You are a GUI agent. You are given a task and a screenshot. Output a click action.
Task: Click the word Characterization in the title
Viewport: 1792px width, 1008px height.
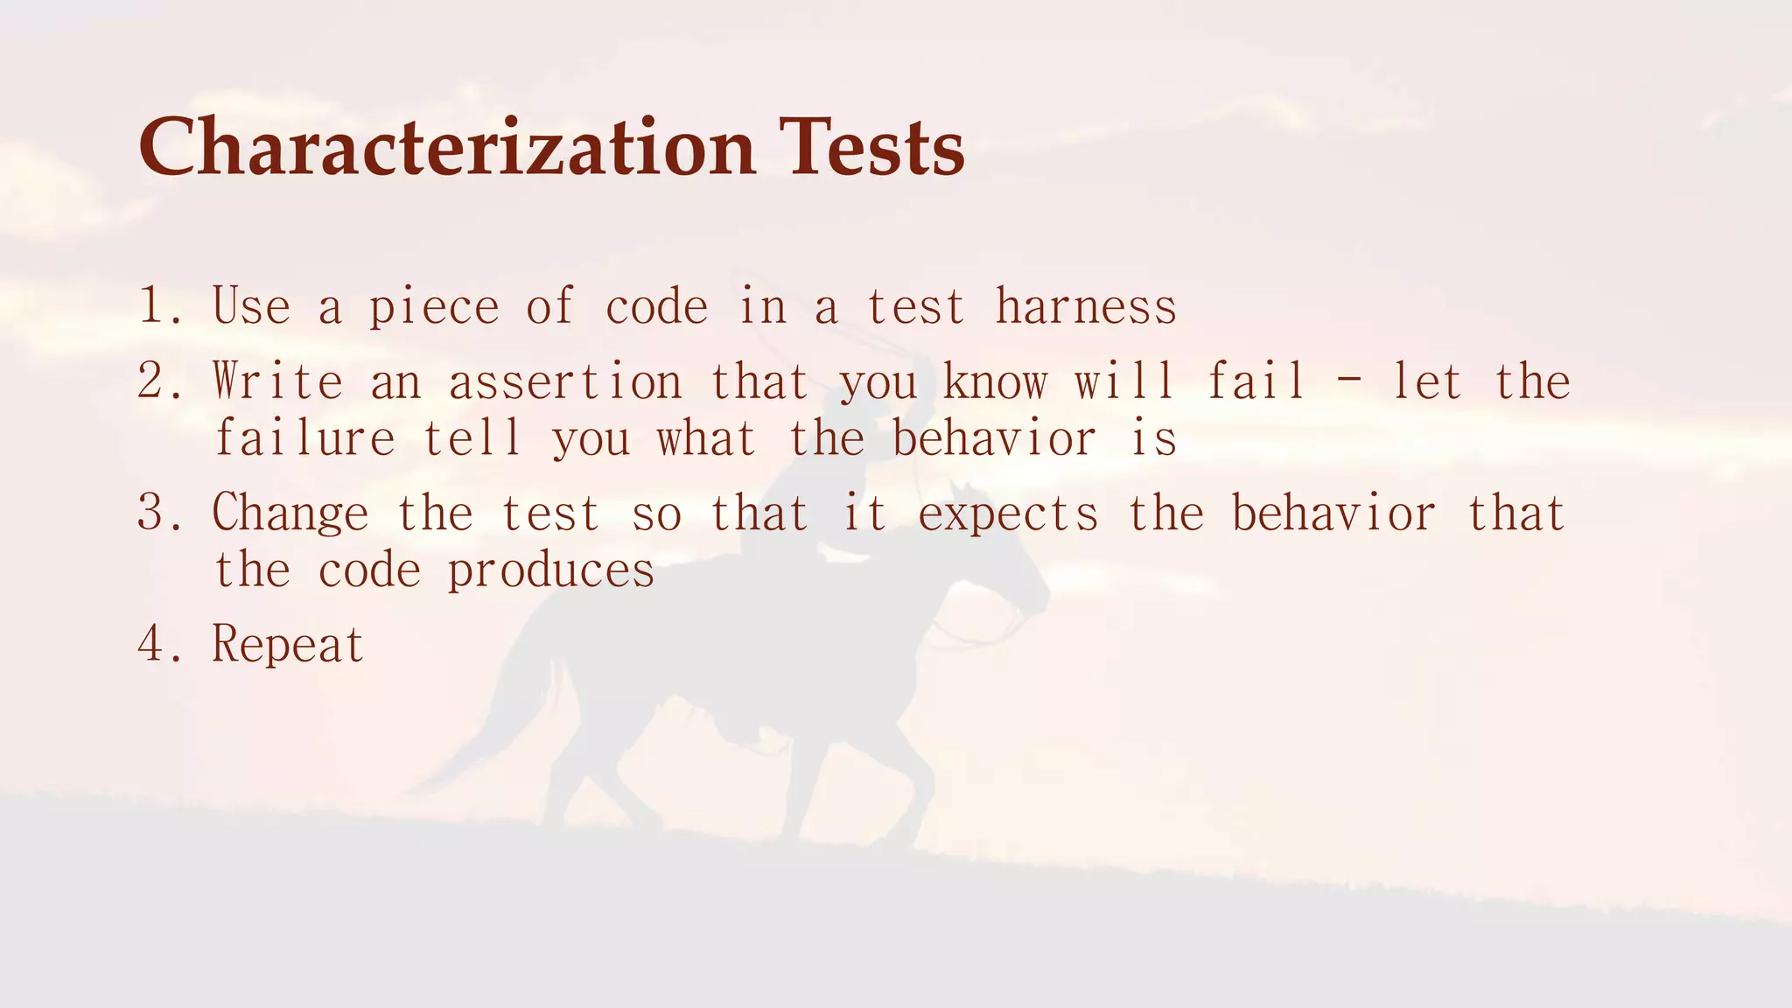point(446,147)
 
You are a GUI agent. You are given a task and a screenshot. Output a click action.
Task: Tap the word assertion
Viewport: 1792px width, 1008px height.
point(564,381)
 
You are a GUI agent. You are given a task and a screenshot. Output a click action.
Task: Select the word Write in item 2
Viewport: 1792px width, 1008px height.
point(277,381)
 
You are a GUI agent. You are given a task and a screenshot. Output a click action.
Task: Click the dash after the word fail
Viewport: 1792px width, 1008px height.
point(1347,383)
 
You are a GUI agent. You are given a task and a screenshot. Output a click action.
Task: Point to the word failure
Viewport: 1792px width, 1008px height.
point(304,437)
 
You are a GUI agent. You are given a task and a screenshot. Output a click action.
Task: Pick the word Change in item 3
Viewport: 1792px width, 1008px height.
point(290,513)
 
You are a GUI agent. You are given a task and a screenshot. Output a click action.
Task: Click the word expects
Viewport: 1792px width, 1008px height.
point(1007,514)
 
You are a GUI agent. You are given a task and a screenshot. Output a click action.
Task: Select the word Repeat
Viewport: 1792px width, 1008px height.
point(288,646)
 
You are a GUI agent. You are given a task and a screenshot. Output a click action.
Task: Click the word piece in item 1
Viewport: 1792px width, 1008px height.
point(433,308)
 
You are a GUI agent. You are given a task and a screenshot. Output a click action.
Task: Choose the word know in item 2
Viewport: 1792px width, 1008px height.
point(994,381)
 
